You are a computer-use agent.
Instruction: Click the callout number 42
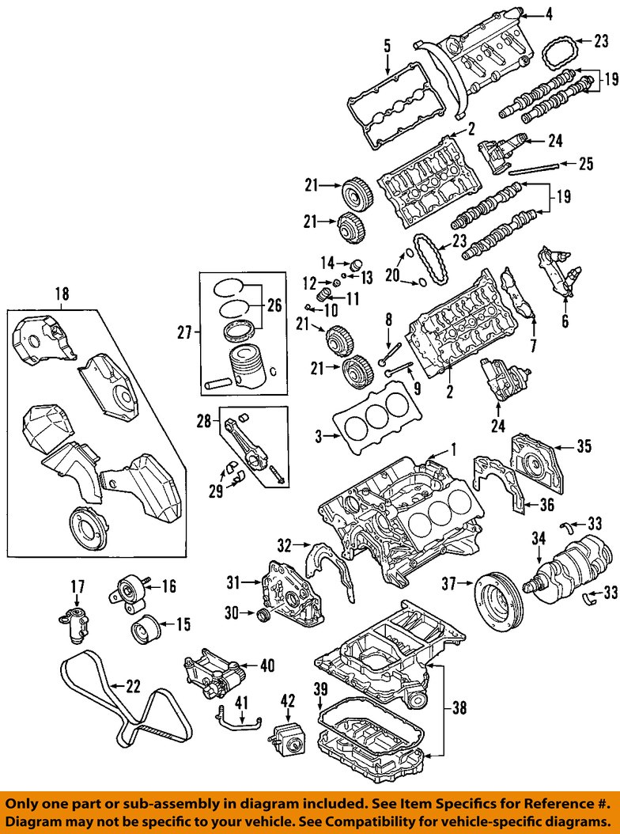click(x=288, y=701)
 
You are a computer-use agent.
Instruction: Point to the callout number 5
click(x=387, y=45)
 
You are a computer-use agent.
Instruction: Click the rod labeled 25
click(x=534, y=169)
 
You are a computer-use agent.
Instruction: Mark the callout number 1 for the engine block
click(x=453, y=450)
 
